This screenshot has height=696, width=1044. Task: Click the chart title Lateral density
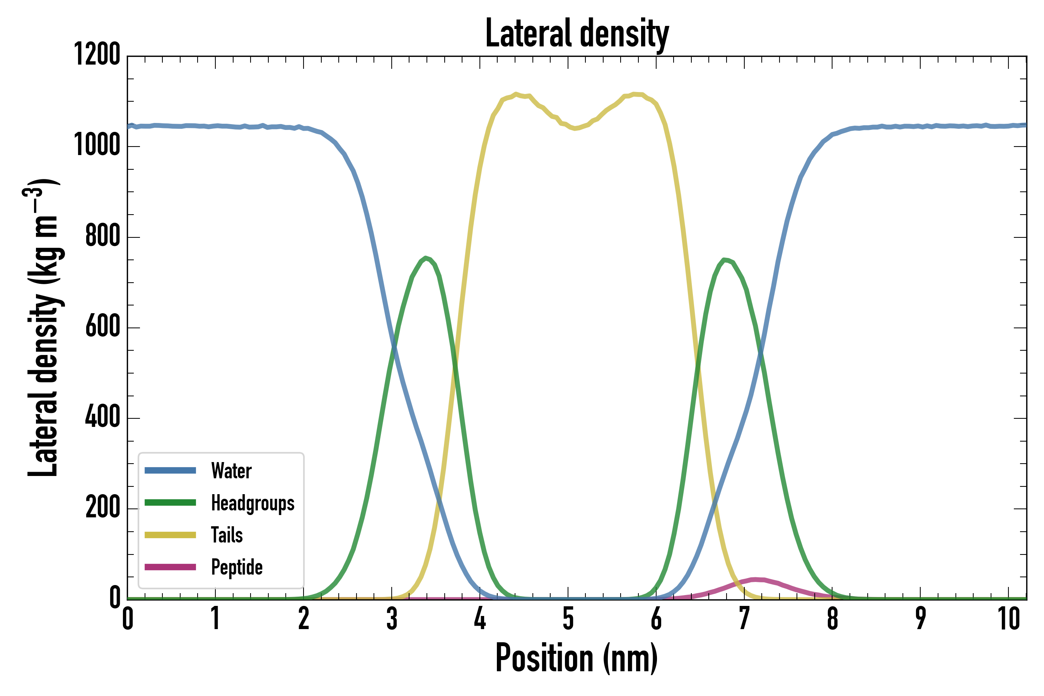click(x=577, y=33)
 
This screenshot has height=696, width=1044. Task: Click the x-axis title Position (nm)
click(x=577, y=658)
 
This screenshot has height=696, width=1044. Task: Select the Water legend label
click(x=231, y=471)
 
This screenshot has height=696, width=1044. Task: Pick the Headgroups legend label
click(x=252, y=503)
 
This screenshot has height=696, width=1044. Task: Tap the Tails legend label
click(x=227, y=535)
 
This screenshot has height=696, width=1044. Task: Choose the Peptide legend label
click(x=237, y=567)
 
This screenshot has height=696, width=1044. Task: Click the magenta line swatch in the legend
click(x=171, y=567)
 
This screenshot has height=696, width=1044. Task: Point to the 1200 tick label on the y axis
click(x=97, y=55)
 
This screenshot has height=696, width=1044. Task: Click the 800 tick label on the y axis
click(x=102, y=236)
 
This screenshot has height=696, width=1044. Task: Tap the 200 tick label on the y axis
click(x=102, y=507)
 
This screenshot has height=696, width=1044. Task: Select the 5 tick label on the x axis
click(x=568, y=619)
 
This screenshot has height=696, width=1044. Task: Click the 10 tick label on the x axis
click(x=1008, y=619)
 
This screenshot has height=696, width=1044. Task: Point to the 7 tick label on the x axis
click(x=744, y=619)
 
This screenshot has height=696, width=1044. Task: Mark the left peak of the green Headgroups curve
click(x=426, y=258)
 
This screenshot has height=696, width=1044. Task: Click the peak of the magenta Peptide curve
click(x=755, y=579)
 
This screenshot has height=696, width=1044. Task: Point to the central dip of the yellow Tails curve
click(x=576, y=129)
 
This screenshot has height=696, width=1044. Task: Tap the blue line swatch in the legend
click(x=171, y=471)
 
